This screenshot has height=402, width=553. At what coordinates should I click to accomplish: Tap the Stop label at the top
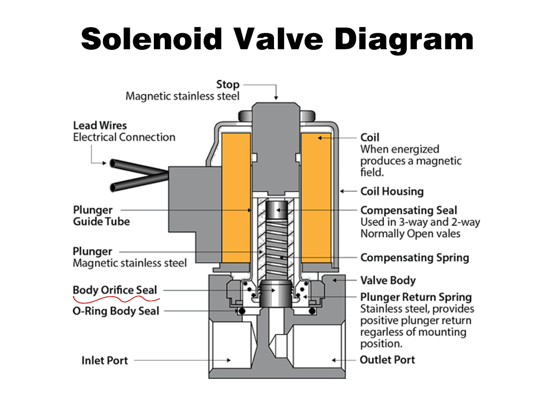point(228,84)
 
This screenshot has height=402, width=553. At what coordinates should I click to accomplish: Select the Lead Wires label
point(100,125)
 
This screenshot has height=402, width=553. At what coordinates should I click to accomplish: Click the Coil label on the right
point(370,137)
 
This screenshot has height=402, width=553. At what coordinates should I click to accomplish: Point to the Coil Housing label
point(392,191)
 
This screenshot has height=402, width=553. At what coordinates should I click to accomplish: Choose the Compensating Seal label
point(409,210)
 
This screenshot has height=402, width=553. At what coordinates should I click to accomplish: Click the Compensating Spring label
point(415,258)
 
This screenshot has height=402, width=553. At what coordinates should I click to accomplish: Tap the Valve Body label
point(388,280)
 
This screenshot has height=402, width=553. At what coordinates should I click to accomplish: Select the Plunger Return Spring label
point(416,297)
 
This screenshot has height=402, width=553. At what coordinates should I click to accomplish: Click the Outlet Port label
point(387,360)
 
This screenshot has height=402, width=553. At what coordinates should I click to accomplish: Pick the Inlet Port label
point(105,360)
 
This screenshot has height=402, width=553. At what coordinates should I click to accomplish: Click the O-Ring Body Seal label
point(116,311)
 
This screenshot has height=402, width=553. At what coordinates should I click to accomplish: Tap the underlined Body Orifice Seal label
point(115,290)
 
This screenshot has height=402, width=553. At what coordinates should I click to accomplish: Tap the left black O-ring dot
point(242,312)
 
